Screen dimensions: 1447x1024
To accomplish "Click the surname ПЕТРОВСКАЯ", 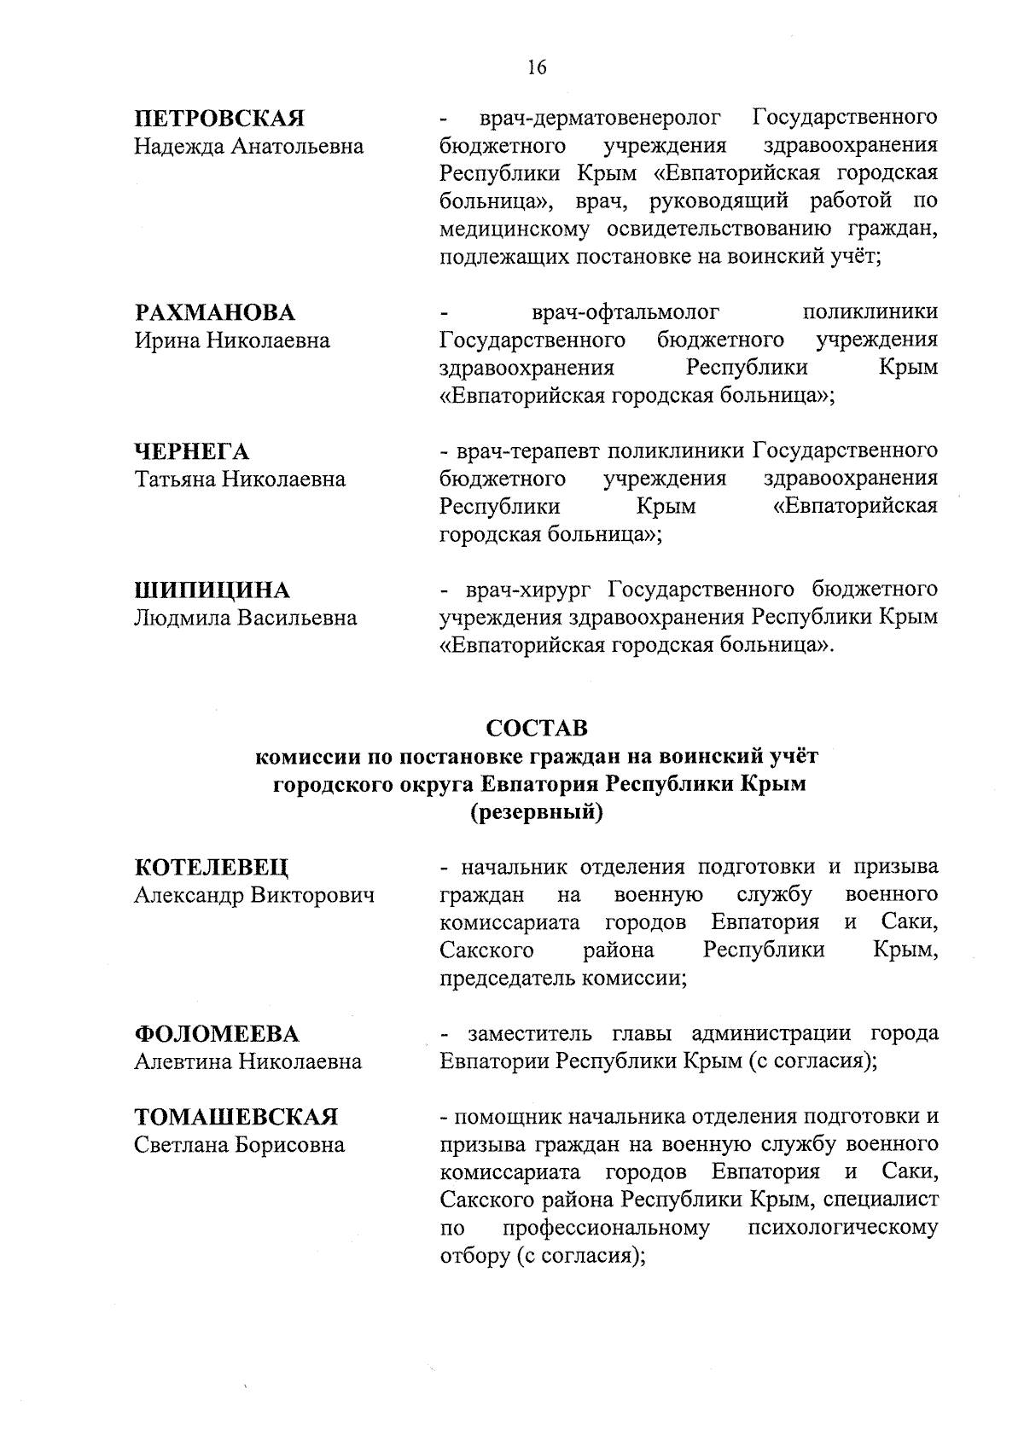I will click(220, 118).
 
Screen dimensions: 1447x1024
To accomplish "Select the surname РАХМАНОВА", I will click(215, 312).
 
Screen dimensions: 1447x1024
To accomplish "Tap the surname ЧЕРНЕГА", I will click(192, 451).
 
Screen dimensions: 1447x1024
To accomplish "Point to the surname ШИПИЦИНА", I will click(212, 590).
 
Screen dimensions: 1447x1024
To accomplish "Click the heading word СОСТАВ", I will click(537, 728).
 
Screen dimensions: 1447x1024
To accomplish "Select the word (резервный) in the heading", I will click(537, 813).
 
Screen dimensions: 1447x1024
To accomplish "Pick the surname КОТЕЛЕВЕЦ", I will click(212, 868).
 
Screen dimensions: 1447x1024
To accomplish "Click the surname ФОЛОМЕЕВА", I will click(218, 1034).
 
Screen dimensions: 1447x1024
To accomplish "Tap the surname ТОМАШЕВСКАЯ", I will click(236, 1117).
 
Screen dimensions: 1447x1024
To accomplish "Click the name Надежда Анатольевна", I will click(249, 147).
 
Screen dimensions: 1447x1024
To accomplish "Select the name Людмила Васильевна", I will click(246, 619).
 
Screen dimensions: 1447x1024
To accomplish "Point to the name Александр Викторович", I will click(254, 896).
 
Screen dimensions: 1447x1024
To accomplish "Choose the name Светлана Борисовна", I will click(240, 1145).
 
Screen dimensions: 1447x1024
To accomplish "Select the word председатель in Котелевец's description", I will click(508, 979).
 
